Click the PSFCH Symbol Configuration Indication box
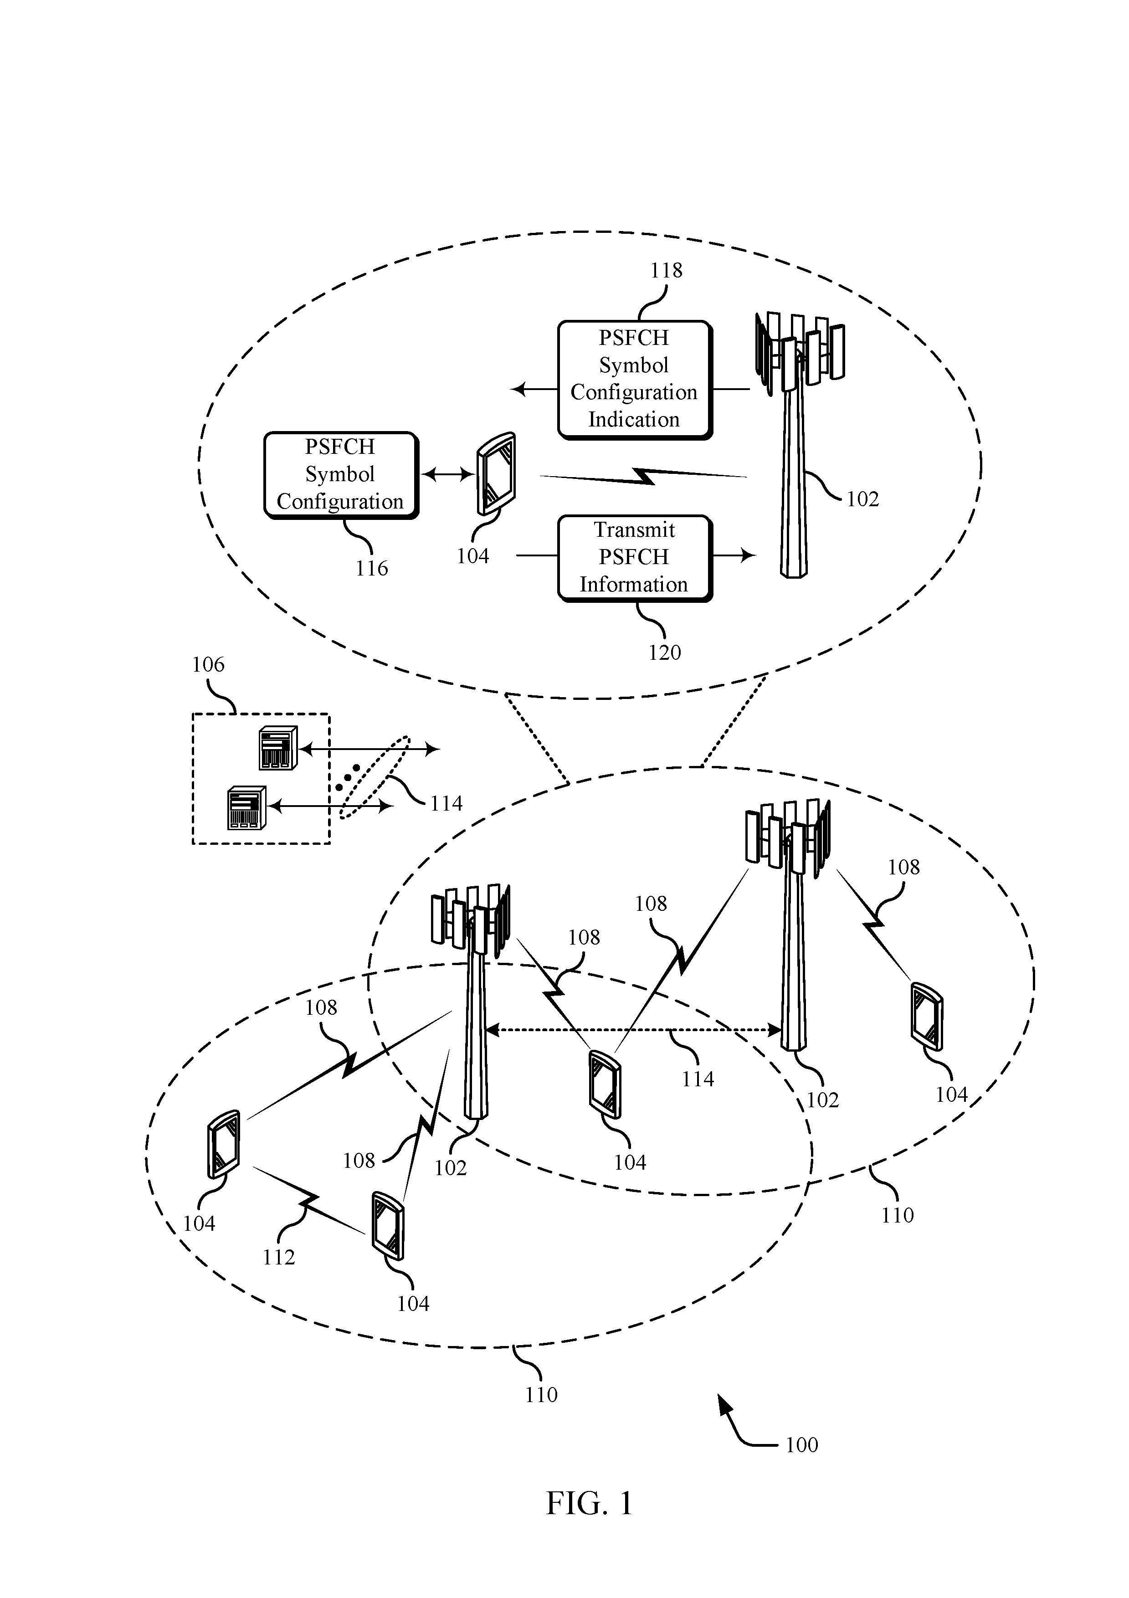635,379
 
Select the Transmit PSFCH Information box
635,557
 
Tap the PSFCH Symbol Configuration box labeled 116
341,475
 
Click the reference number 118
666,270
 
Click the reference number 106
208,665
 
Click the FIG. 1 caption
589,1522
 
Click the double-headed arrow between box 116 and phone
447,475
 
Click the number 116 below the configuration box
372,569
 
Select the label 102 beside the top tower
862,499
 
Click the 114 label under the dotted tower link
698,1079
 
